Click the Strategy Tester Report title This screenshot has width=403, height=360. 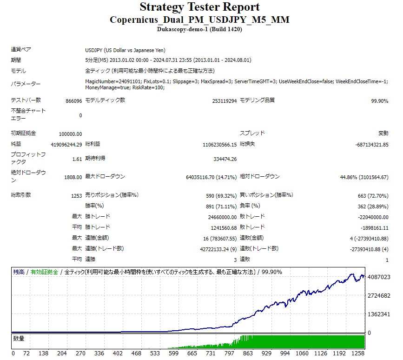coord(199,7)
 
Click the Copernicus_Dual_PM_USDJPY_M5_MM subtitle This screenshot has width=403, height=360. coord(199,20)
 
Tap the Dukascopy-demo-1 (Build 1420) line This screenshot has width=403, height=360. coord(199,29)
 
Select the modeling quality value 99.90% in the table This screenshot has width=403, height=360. coord(379,101)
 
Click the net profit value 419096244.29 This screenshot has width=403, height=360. coord(66,145)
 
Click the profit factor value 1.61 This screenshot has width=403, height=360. coord(77,159)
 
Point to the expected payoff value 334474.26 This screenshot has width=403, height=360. coord(225,159)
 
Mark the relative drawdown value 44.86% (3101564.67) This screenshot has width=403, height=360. coord(364,177)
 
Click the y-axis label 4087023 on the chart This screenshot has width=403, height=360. coord(378,277)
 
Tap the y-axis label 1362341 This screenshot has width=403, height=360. coord(378,314)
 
